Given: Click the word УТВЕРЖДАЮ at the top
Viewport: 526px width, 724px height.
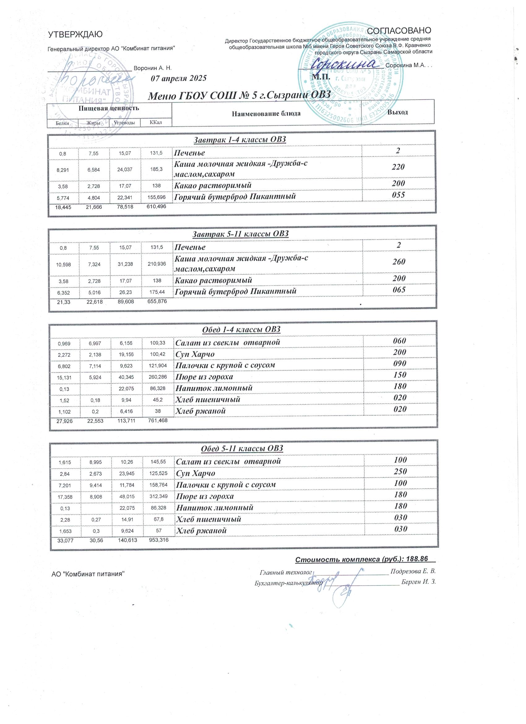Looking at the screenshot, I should tap(75, 34).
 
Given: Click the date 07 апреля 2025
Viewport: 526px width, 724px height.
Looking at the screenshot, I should tap(179, 78).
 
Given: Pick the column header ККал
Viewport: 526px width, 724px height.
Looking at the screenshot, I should tap(156, 123).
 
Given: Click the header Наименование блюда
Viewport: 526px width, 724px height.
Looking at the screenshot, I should tap(266, 113).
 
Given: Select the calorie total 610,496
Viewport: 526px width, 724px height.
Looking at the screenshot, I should tap(156, 207).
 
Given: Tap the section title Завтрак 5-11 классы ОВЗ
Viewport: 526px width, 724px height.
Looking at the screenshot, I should tap(240, 234).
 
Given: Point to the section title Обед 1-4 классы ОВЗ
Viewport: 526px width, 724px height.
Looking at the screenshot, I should tap(241, 329).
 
